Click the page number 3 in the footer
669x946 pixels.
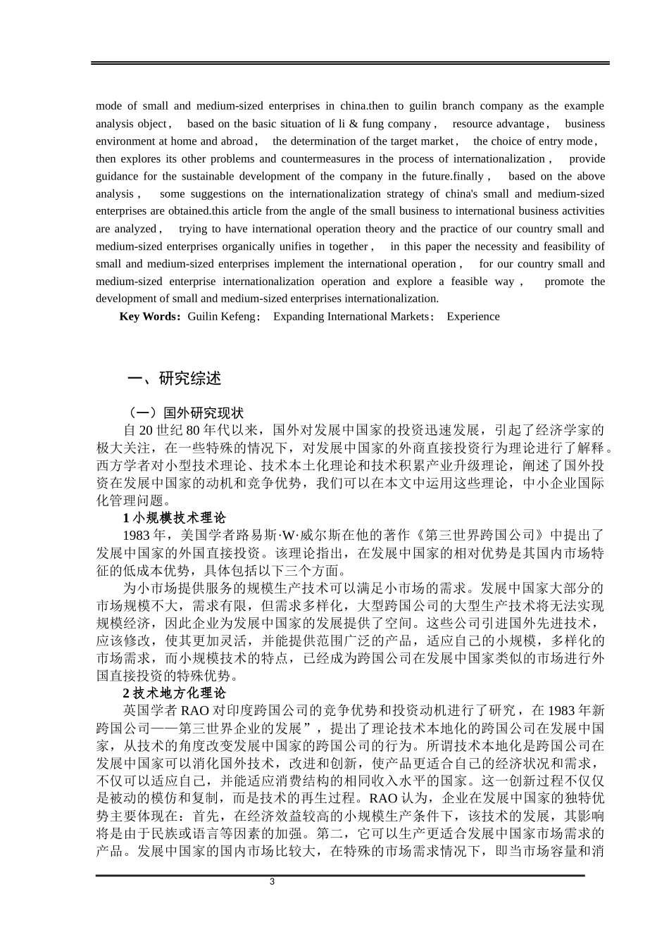point(273,882)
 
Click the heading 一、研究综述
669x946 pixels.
point(174,379)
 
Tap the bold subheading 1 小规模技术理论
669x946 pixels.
point(169,518)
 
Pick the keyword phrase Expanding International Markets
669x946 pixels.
point(351,317)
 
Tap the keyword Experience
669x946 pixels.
point(473,317)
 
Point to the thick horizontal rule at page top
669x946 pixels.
point(349,63)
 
